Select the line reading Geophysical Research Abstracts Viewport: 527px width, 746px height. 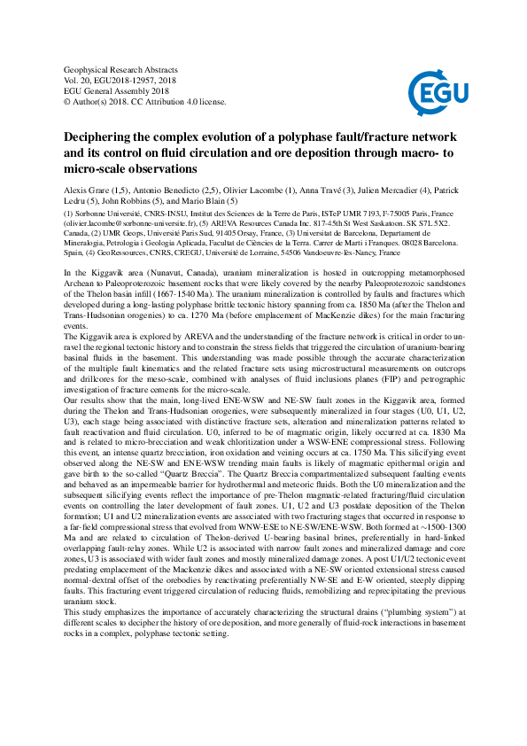point(121,69)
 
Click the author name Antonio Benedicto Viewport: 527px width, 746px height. point(167,190)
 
